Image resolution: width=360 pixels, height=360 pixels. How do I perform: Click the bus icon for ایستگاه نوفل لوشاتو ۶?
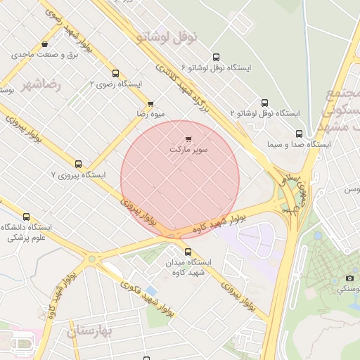[215, 58]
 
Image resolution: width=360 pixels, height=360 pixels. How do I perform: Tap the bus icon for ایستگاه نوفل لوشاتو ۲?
[264, 103]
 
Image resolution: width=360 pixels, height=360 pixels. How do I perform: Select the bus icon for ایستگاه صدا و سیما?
[300, 134]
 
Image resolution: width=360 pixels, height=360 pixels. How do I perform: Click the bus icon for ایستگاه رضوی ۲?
[115, 73]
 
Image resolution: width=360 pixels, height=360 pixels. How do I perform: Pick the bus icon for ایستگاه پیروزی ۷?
[78, 164]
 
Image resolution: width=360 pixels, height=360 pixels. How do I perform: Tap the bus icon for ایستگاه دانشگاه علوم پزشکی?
[27, 217]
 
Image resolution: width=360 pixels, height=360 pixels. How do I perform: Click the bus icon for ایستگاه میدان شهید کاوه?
[188, 252]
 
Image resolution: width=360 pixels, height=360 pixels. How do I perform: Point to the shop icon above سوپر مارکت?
[188, 139]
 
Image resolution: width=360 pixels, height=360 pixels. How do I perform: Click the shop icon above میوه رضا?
[150, 104]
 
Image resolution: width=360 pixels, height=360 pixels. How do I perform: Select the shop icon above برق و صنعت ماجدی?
[45, 44]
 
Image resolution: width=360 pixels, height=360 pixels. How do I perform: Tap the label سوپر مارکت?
[189, 150]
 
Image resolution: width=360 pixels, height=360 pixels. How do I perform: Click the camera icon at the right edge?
[349, 278]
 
